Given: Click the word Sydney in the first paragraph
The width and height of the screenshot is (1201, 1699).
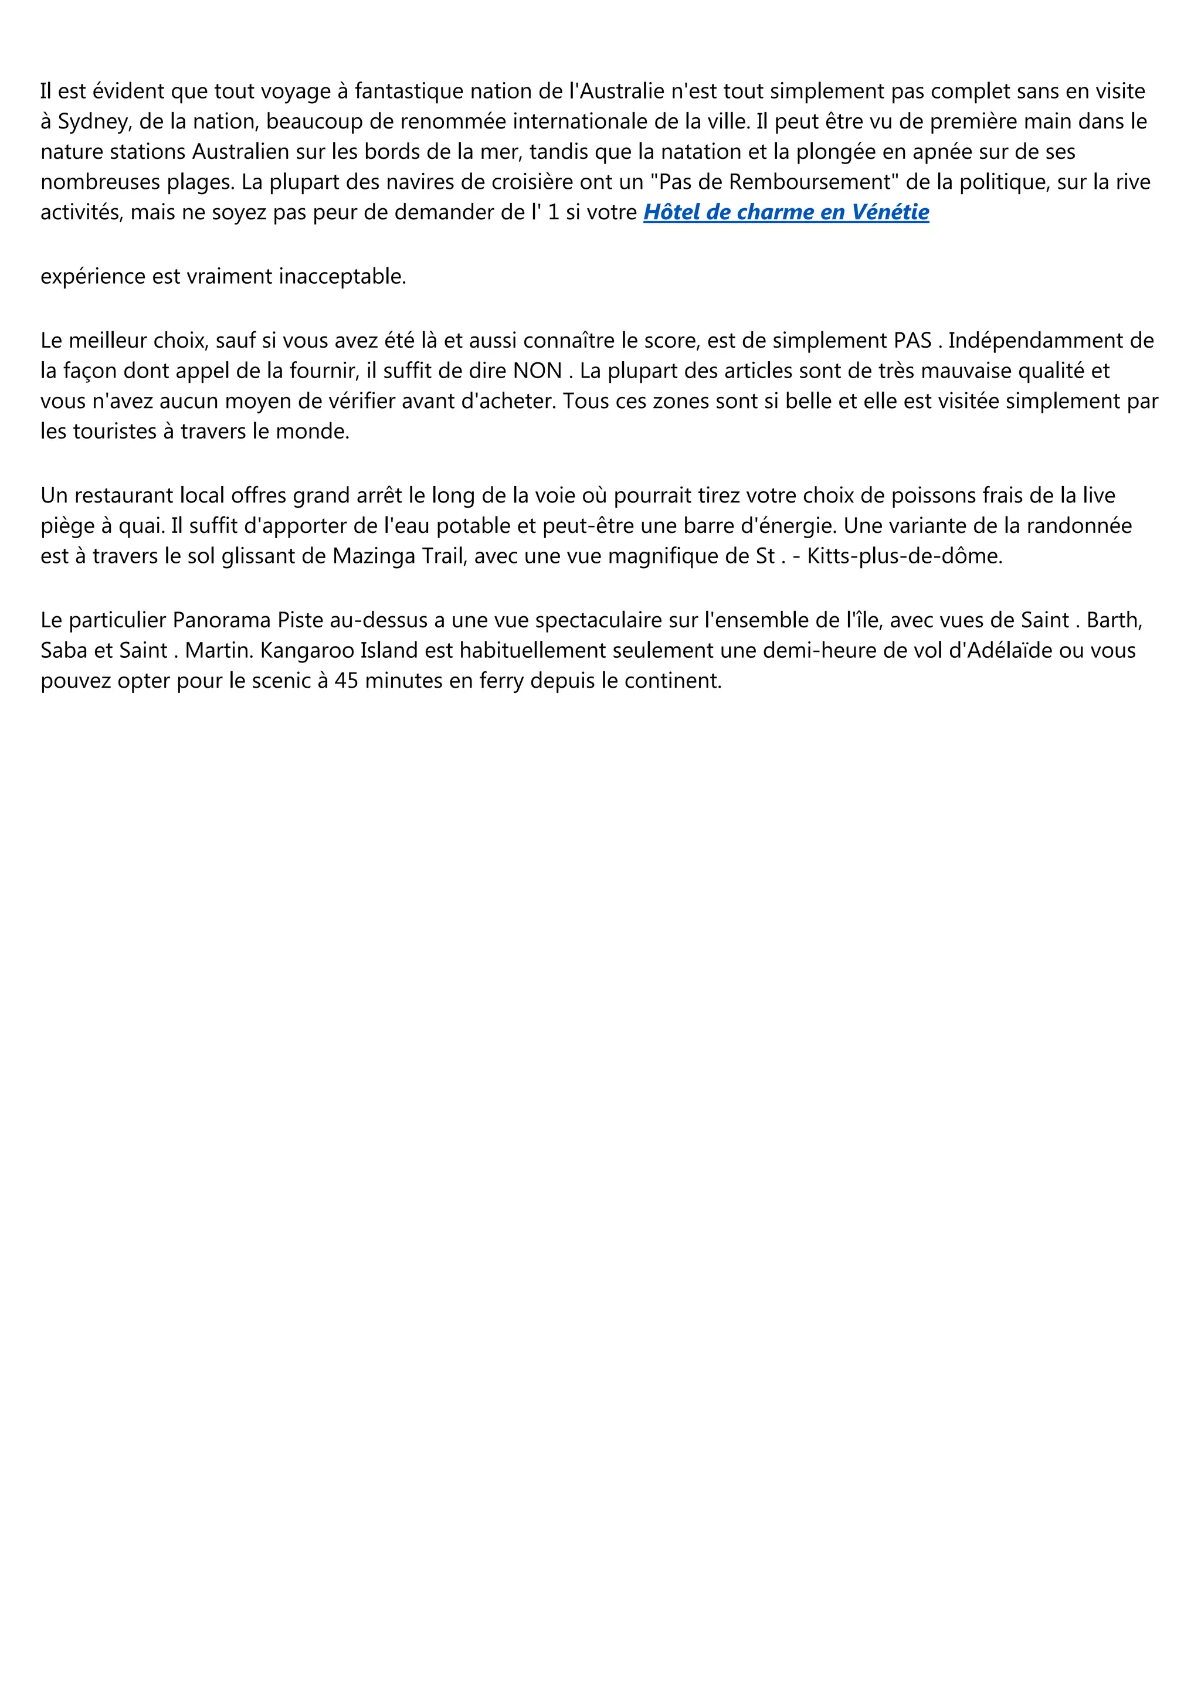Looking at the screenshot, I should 94,121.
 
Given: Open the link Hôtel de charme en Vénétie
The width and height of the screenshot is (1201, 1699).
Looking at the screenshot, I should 786,212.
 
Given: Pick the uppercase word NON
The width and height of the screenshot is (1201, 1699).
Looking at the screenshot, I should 537,371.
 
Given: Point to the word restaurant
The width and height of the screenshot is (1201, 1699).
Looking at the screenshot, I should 123,496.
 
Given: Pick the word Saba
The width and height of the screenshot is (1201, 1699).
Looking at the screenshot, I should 62,650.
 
